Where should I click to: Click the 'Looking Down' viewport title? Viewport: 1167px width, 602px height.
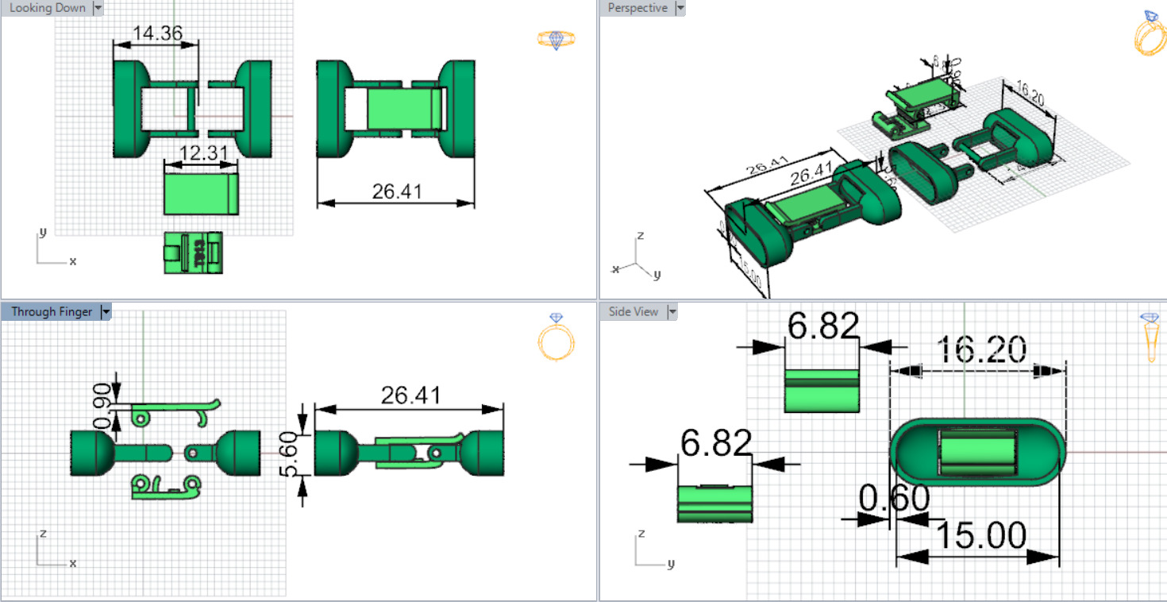click(x=47, y=8)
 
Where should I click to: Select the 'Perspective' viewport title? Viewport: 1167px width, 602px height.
click(x=637, y=8)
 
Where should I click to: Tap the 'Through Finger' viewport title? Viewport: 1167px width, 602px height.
click(x=52, y=311)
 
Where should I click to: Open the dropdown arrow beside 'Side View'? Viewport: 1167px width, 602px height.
click(x=672, y=312)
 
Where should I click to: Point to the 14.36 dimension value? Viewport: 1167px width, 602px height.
click(x=157, y=33)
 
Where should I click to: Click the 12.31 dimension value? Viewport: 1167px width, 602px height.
click(x=202, y=153)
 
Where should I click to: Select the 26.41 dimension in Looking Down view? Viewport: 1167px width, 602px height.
click(x=397, y=191)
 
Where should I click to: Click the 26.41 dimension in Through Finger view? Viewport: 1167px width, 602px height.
click(x=410, y=395)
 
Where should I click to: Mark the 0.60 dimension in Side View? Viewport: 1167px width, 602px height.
click(x=894, y=500)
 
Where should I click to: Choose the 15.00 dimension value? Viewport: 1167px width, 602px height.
click(x=981, y=536)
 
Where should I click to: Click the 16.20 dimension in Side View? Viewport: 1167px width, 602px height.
click(x=981, y=349)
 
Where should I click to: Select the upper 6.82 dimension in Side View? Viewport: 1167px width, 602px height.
click(x=822, y=326)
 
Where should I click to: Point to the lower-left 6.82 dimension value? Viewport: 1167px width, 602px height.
click(x=715, y=443)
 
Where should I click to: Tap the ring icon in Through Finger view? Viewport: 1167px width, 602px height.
click(x=556, y=338)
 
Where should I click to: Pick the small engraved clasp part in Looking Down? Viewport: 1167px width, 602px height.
click(x=193, y=253)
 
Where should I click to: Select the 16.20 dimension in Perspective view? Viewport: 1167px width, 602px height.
click(x=1030, y=92)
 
